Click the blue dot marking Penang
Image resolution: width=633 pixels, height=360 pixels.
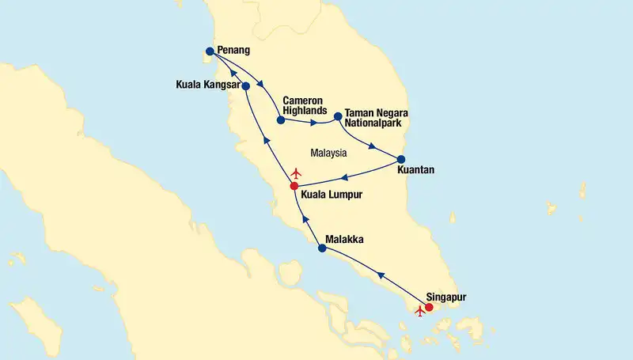(x=210, y=51)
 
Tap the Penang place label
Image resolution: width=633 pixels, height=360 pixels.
(x=233, y=51)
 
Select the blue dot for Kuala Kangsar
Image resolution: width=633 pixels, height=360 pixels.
(x=245, y=85)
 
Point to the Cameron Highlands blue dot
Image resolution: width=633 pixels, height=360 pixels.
(x=281, y=120)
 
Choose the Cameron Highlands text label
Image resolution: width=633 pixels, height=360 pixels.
(x=305, y=105)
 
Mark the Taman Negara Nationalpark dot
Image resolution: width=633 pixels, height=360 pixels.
(x=338, y=116)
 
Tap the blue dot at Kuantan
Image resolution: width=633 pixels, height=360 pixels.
(x=400, y=159)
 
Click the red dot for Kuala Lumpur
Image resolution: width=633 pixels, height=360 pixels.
(x=294, y=186)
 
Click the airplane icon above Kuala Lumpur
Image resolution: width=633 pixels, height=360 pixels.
(x=297, y=172)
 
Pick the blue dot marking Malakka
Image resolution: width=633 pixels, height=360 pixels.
(x=321, y=248)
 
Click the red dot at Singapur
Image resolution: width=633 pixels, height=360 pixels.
(x=429, y=307)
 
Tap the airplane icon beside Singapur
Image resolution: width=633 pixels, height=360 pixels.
(x=420, y=311)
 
